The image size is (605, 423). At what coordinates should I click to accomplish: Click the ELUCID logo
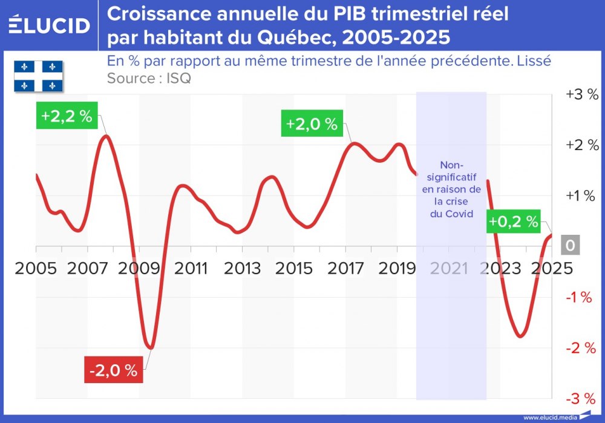[49, 25]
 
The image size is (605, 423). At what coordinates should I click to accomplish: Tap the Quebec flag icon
[39, 76]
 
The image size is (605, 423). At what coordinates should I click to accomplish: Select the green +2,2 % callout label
[67, 116]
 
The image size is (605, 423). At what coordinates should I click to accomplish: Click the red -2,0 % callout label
[114, 370]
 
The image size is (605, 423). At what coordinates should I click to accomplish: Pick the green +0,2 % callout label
[513, 222]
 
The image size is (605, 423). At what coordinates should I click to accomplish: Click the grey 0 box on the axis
[570, 246]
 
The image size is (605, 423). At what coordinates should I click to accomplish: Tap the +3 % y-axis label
[581, 95]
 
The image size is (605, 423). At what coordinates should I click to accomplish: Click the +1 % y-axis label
[581, 195]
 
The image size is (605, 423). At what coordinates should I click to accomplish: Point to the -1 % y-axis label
[581, 297]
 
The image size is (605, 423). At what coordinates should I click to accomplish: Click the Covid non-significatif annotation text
[451, 189]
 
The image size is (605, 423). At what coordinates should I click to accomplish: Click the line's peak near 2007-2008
[106, 136]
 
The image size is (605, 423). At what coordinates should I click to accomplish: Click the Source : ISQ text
[149, 79]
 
